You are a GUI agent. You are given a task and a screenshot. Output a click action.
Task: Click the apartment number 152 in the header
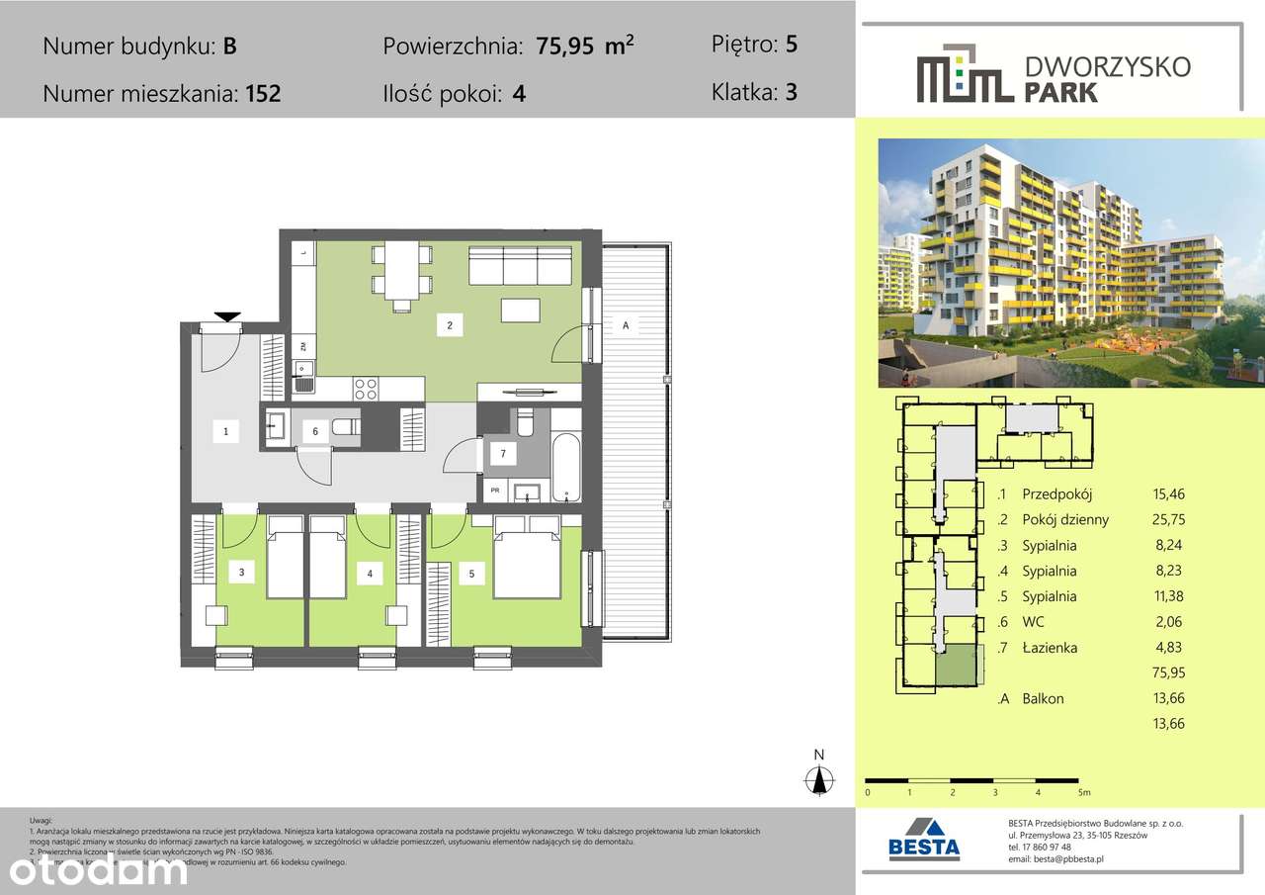point(262,95)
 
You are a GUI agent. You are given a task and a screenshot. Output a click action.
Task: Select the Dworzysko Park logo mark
point(965,73)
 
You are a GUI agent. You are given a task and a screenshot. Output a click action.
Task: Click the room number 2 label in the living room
point(450,324)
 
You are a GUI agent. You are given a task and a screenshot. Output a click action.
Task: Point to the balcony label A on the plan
point(626,324)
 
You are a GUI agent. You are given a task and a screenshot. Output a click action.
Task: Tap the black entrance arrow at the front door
point(228,316)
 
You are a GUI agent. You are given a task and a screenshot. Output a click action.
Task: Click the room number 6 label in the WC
point(315,431)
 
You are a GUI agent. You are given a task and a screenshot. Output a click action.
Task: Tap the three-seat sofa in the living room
point(520,265)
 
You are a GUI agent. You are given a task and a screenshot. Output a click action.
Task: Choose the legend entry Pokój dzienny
point(1065,520)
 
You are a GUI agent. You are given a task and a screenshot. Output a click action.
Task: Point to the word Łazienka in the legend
point(1050,648)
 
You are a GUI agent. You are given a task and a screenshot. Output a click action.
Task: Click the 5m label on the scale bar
point(1083,792)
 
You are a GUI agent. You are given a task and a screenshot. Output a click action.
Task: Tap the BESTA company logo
point(924,839)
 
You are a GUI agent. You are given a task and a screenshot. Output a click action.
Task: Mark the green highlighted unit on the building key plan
point(956,665)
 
